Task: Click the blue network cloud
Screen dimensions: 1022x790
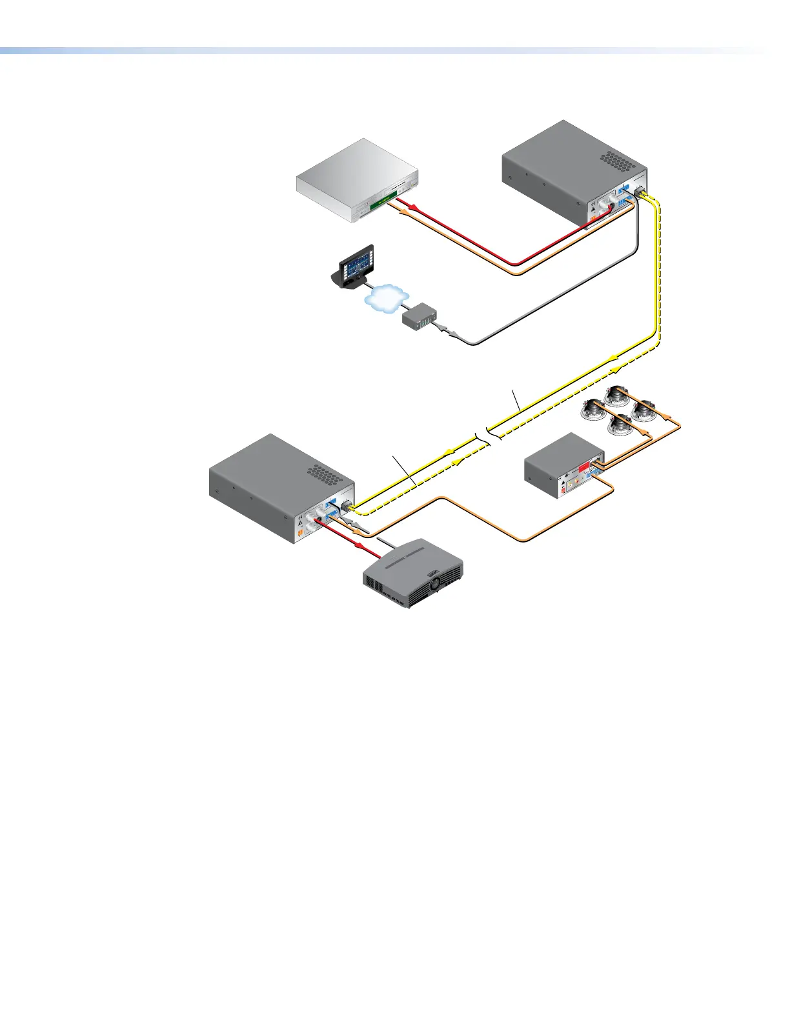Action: (x=386, y=298)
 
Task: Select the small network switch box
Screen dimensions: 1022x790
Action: (x=420, y=316)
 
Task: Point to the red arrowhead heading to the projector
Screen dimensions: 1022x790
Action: (x=374, y=554)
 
